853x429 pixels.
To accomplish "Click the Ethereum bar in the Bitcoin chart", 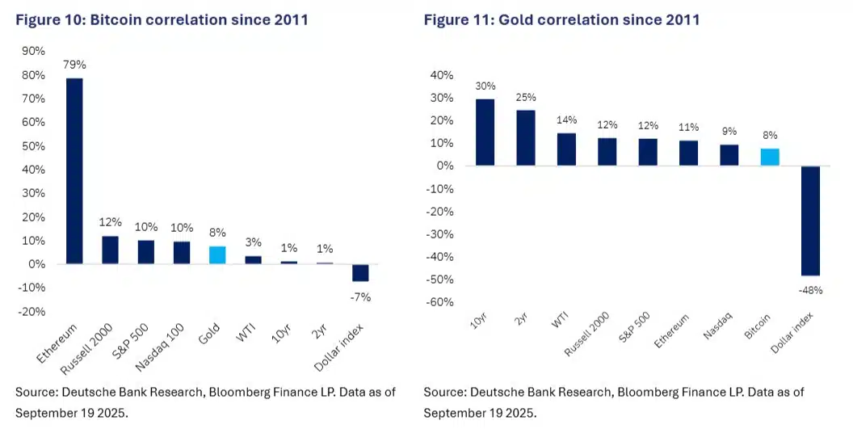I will click(x=74, y=171).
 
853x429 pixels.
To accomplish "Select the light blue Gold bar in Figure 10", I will click(x=217, y=255).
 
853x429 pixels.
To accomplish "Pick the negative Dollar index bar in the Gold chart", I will click(x=809, y=221).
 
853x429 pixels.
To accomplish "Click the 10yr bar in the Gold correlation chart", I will click(x=485, y=132).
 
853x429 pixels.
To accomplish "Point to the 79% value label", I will click(x=74, y=65).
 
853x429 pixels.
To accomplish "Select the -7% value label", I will click(x=360, y=297).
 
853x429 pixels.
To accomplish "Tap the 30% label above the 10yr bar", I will click(x=485, y=86).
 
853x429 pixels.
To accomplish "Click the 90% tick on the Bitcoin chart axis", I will click(x=33, y=51).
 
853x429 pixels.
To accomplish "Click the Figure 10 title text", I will click(x=162, y=19).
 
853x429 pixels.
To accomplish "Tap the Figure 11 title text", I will click(x=562, y=19).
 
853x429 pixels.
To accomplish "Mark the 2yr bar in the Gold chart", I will click(x=526, y=138).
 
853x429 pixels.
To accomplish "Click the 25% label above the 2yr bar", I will click(x=526, y=98).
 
